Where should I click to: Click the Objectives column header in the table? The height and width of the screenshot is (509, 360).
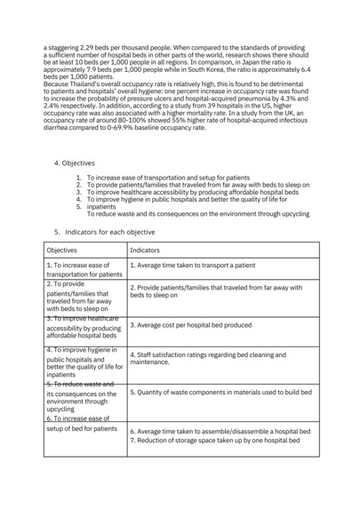point(62,251)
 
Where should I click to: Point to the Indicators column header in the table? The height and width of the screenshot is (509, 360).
point(145,251)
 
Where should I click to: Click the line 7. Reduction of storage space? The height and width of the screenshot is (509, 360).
point(218,441)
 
